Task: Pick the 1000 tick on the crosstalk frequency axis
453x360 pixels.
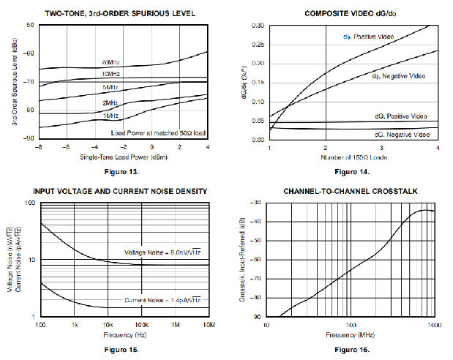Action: click(435, 324)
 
